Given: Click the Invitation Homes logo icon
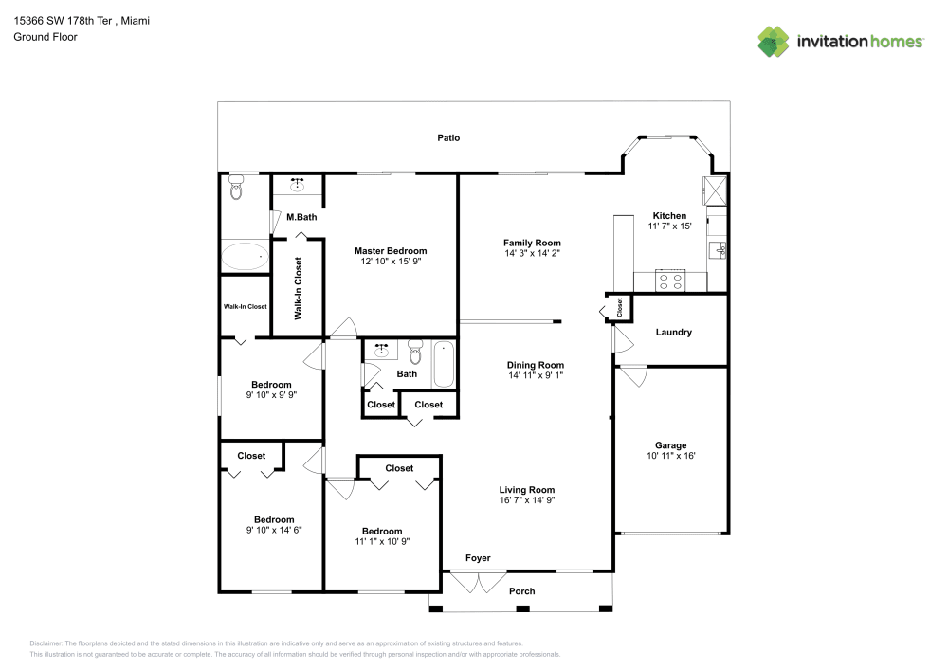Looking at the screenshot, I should point(774,41).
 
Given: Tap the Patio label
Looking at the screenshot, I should point(448,138).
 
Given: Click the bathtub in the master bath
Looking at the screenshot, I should point(244,257).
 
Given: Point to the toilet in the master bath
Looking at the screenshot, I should point(236,190).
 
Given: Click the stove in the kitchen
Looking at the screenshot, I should point(670,281).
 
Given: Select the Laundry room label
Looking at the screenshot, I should point(673,333).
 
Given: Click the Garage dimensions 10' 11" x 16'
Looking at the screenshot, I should point(671,456).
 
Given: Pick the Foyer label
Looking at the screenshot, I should point(478,558).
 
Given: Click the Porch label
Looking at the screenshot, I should point(521,591).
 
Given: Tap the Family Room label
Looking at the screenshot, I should point(532,243).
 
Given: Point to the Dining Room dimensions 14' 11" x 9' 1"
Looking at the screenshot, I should point(536,375).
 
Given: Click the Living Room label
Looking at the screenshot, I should point(527,490).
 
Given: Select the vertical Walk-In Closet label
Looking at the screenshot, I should point(298,288).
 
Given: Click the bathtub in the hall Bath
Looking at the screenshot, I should point(444,365).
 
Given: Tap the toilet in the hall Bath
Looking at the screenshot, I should point(414,354).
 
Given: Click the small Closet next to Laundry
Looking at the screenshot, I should point(619,307).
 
